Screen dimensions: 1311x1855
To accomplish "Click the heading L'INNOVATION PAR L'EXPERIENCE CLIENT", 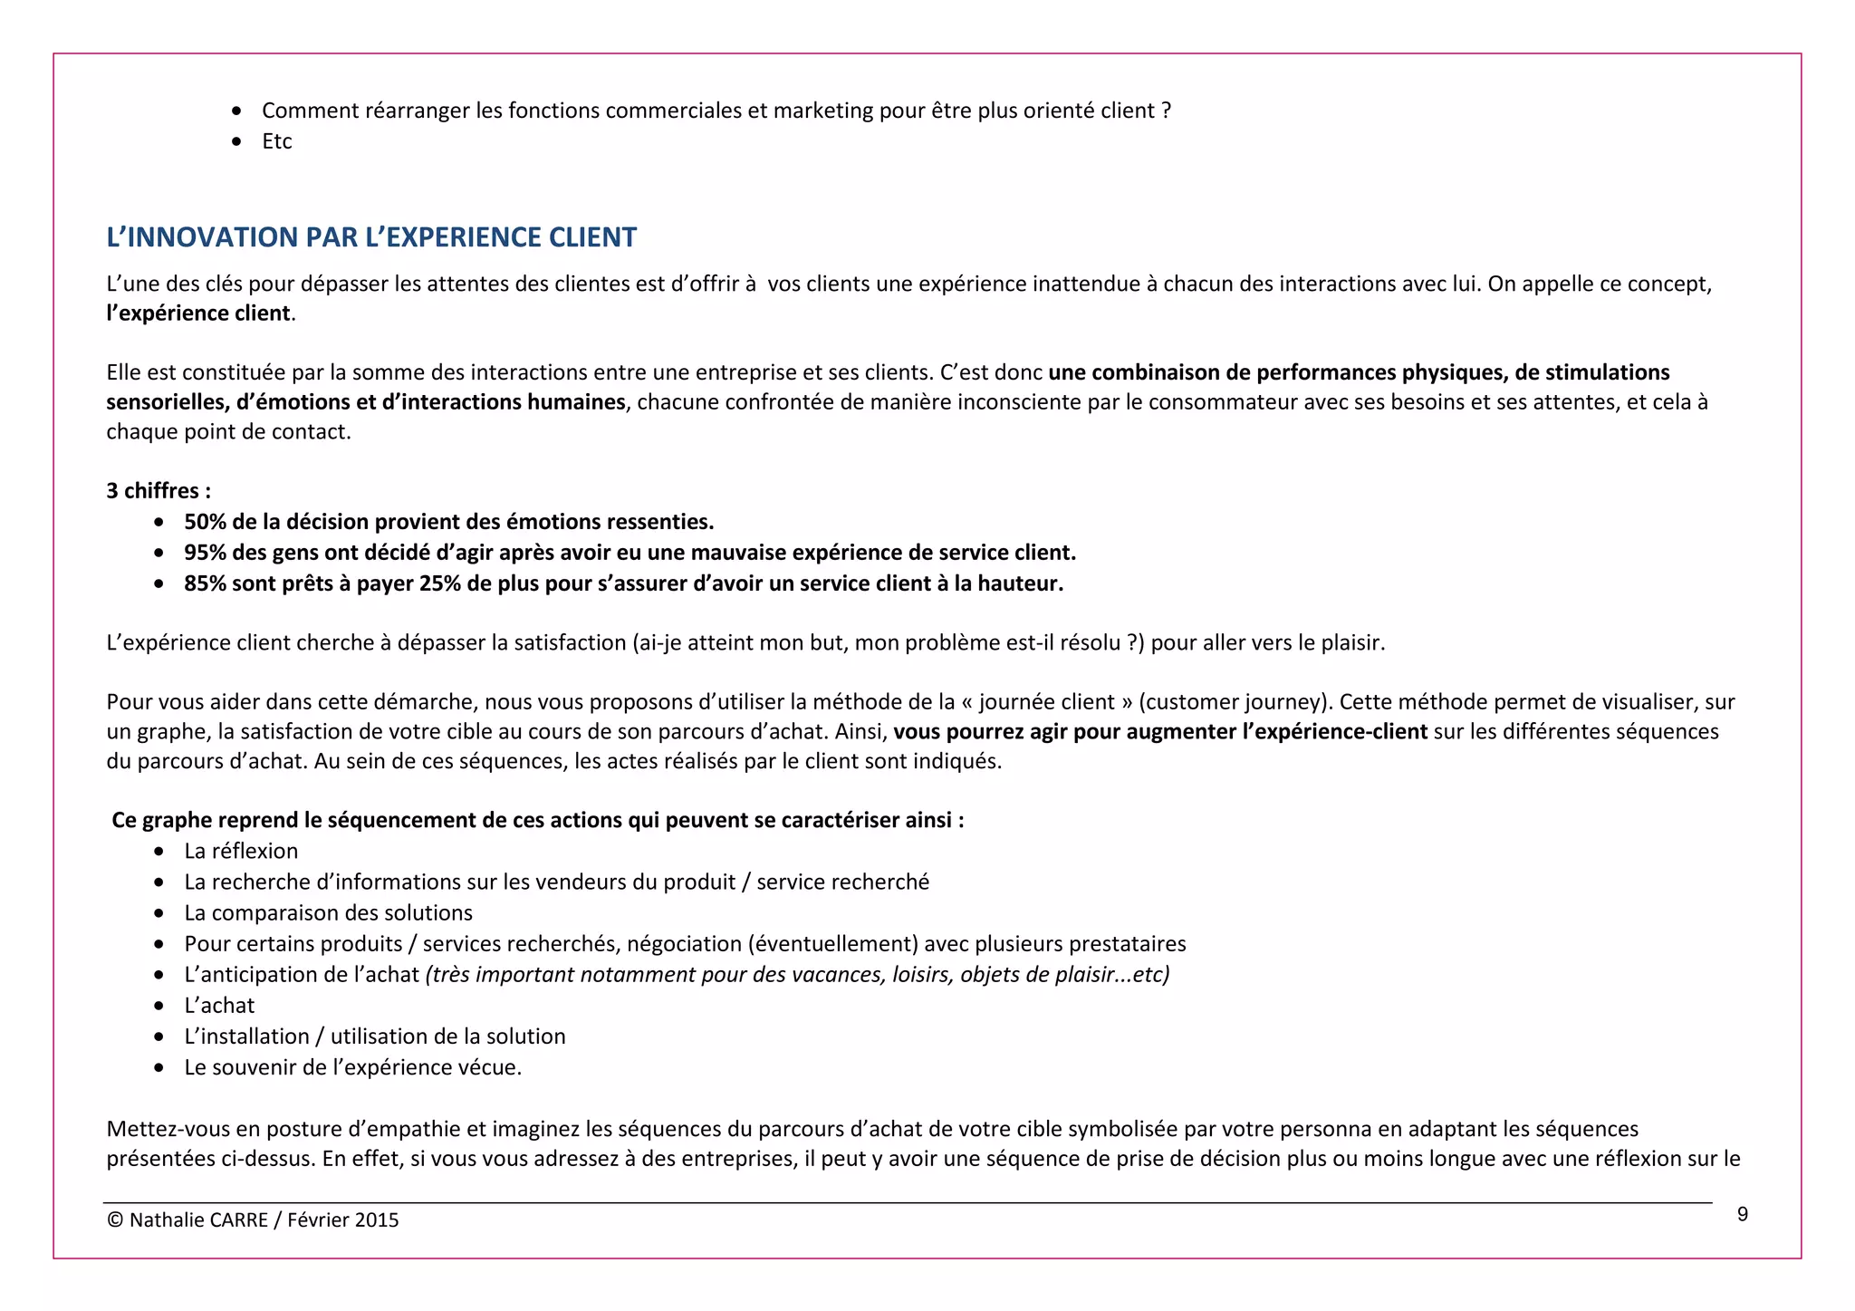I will [371, 237].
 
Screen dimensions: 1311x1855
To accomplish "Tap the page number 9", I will [1742, 1215].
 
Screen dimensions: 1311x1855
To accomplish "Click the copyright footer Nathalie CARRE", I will [253, 1219].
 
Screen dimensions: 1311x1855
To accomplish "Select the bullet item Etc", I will [276, 141].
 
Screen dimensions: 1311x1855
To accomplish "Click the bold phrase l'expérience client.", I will [199, 313].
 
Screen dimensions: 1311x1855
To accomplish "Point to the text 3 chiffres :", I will [159, 491].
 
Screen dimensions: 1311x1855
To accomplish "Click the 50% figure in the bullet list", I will [205, 522].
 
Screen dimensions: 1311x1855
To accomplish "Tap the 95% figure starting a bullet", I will [205, 553].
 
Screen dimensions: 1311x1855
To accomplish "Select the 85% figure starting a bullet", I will [205, 583].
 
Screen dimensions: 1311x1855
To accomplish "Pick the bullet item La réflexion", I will [241, 851].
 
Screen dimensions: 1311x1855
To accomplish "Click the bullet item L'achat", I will [219, 1006].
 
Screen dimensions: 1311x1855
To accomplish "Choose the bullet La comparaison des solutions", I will [328, 912].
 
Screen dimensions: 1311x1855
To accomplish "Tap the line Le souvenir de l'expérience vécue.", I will [352, 1067].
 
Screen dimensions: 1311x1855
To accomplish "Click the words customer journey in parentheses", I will [1232, 702].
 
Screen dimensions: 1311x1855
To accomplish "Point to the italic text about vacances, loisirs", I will [797, 975].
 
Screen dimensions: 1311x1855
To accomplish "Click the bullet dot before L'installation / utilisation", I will [159, 1036].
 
